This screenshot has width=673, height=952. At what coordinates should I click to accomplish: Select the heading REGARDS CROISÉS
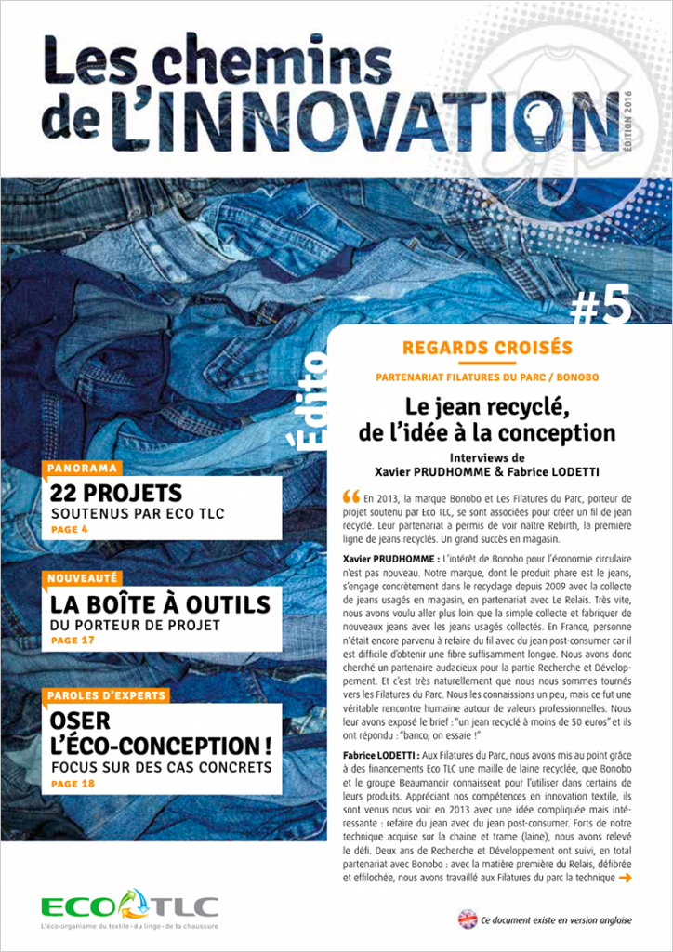click(x=487, y=349)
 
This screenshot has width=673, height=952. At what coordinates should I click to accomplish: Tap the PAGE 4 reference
click(x=70, y=530)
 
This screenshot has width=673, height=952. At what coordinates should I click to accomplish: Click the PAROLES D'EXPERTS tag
click(x=106, y=694)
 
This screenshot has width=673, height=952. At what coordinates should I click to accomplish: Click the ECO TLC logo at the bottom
click(x=129, y=906)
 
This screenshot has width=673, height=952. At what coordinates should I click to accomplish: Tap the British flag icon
click(x=468, y=919)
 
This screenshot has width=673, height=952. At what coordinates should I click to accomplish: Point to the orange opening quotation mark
click(x=350, y=495)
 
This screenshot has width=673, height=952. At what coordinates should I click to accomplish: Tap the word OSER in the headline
click(x=81, y=721)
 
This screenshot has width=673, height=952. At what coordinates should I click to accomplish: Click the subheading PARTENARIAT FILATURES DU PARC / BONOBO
click(x=487, y=377)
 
